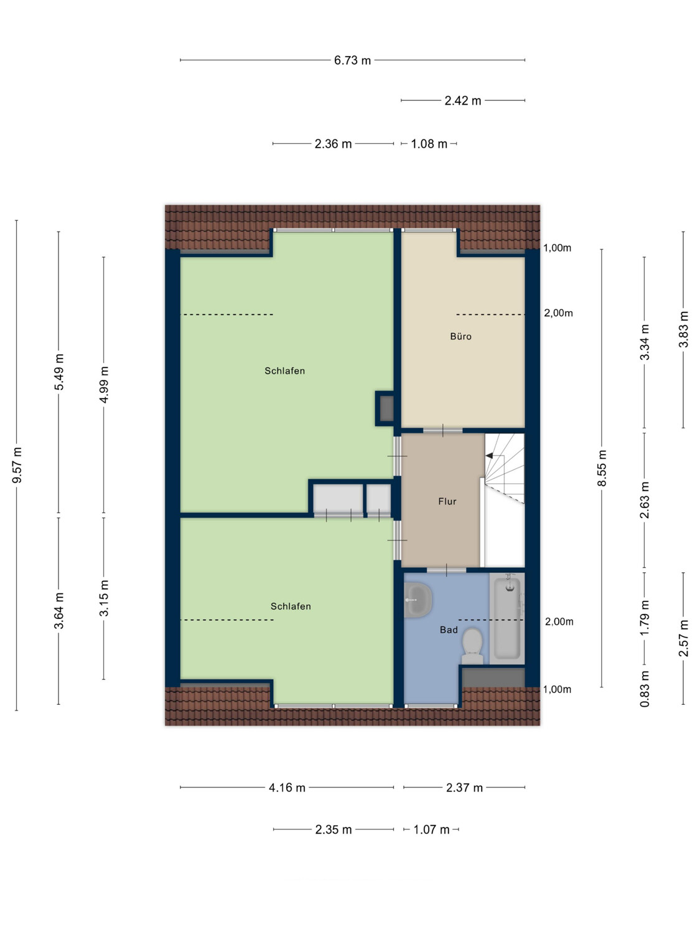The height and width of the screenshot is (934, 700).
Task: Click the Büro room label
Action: (x=460, y=337)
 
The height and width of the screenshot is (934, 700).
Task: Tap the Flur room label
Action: (x=447, y=501)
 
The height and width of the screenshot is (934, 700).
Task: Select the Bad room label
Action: (x=449, y=630)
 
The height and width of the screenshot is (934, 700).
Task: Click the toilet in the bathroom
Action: (x=472, y=646)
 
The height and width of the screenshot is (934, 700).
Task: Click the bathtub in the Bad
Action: (x=506, y=618)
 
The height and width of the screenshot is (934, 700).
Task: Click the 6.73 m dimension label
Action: (x=352, y=60)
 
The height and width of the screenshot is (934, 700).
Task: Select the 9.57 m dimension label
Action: (x=17, y=465)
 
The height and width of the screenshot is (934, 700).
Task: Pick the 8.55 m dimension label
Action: (x=602, y=468)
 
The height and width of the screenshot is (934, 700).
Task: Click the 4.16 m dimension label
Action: (x=287, y=788)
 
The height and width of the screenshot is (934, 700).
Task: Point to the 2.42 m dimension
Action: (x=463, y=101)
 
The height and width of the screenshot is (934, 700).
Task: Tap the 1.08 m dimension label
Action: (x=429, y=144)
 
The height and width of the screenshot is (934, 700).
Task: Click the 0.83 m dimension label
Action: (x=645, y=689)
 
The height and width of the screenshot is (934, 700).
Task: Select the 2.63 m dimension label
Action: (x=645, y=500)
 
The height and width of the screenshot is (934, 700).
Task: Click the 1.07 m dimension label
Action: (x=431, y=830)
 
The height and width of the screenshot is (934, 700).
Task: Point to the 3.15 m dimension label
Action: (x=104, y=597)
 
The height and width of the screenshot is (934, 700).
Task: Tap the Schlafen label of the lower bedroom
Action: (x=291, y=606)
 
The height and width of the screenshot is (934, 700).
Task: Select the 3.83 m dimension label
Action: (x=683, y=329)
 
